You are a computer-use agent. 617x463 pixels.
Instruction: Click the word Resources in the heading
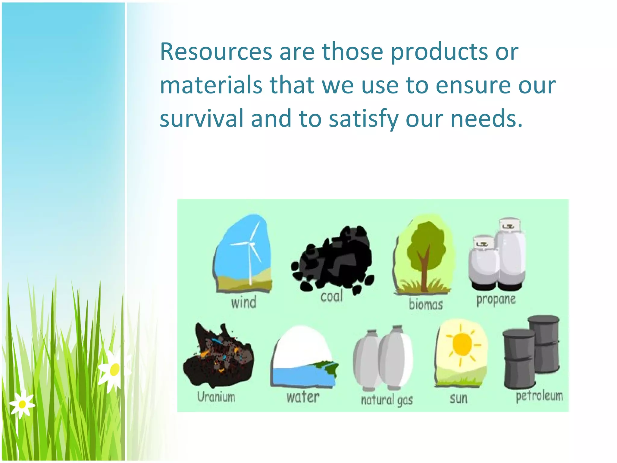pyautogui.click(x=216, y=52)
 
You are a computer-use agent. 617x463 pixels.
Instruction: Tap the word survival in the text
pyautogui.click(x=201, y=118)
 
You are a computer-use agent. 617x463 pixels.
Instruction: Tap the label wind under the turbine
pyautogui.click(x=244, y=302)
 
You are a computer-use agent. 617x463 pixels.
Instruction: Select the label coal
pyautogui.click(x=331, y=297)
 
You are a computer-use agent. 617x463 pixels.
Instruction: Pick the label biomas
pyautogui.click(x=425, y=304)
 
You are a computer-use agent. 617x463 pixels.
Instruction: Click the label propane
pyautogui.click(x=496, y=300)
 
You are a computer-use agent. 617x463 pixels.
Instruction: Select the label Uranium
pyautogui.click(x=216, y=397)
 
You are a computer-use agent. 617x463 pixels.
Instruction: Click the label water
pyautogui.click(x=302, y=397)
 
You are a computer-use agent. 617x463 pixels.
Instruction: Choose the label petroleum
pyautogui.click(x=539, y=396)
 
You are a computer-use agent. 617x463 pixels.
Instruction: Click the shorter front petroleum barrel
pyautogui.click(x=519, y=359)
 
